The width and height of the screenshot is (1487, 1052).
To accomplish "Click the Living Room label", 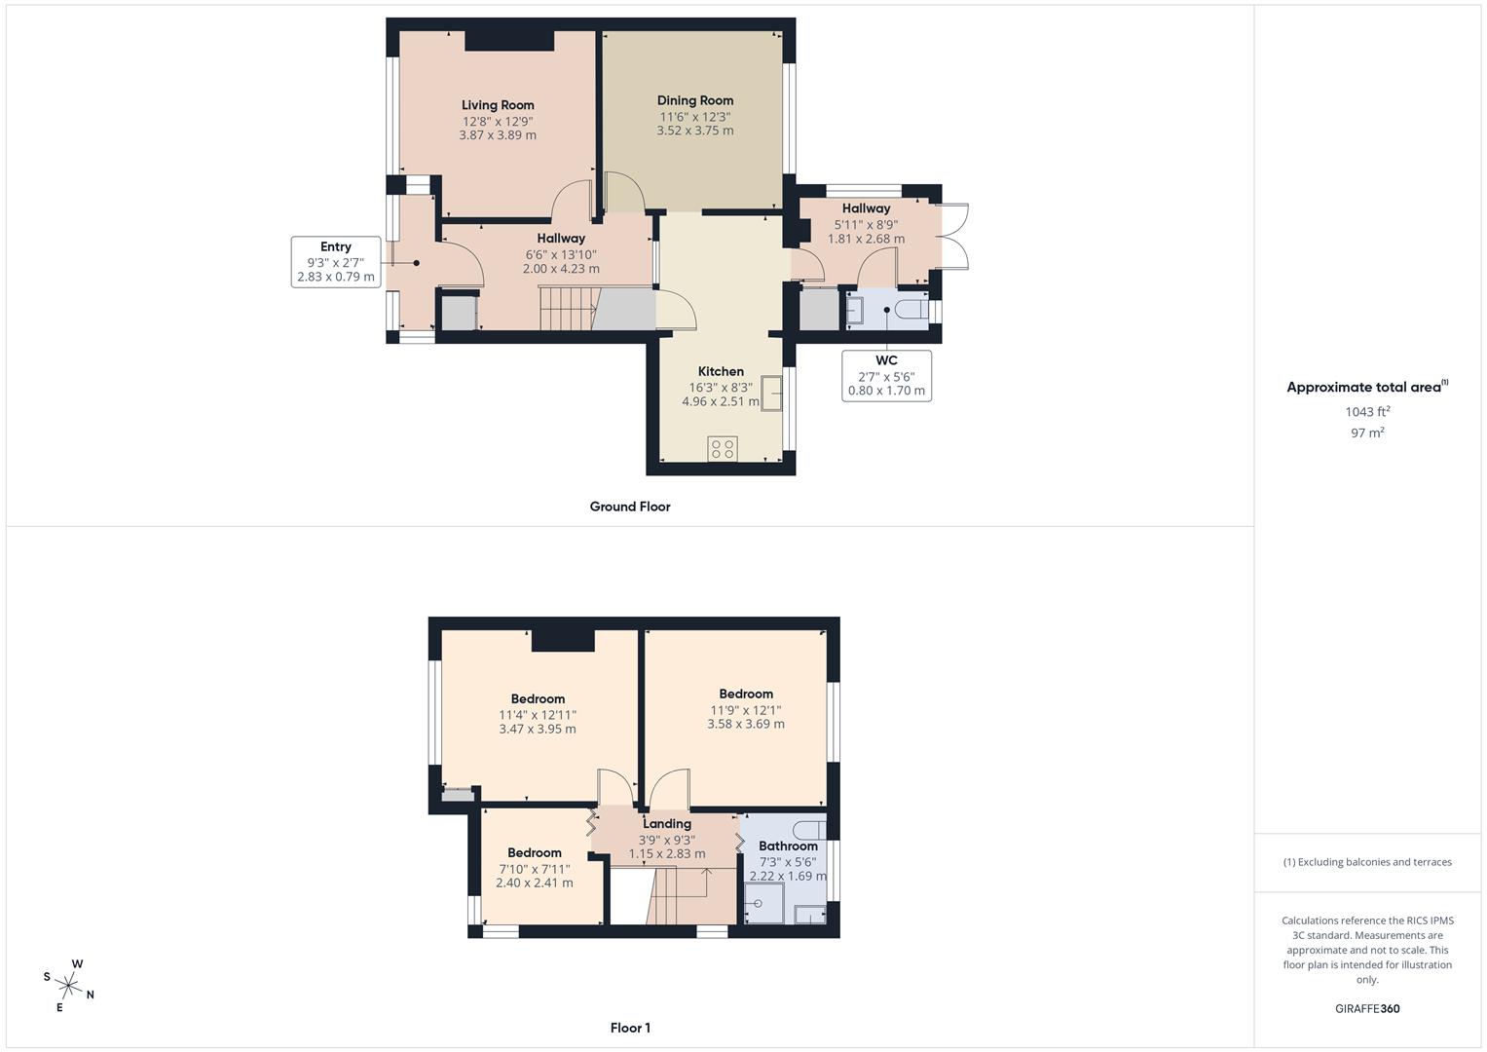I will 498,105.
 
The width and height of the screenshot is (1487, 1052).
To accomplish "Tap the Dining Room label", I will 695,100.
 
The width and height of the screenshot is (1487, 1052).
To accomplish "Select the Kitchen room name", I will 721,371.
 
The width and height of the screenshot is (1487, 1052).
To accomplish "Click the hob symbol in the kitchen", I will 723,448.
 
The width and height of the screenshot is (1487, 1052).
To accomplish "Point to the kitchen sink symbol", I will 772,394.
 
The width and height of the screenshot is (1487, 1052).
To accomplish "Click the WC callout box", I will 886,376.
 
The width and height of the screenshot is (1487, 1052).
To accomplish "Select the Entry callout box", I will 336,262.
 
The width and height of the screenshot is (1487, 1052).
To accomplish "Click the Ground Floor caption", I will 630,507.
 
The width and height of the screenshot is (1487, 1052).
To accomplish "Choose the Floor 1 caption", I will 630,1028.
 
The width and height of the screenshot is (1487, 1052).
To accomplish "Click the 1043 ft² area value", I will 1367,412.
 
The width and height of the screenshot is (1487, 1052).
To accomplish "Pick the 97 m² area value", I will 1367,433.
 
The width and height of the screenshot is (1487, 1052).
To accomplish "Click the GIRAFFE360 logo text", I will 1367,1009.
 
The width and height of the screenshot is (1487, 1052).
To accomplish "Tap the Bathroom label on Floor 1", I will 788,845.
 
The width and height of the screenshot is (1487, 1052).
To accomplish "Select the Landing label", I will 667,824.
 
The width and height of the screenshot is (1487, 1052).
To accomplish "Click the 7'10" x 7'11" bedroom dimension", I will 535,869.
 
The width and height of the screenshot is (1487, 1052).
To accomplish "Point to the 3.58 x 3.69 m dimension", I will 746,724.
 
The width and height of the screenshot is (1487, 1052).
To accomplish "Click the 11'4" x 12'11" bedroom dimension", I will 538,714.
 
